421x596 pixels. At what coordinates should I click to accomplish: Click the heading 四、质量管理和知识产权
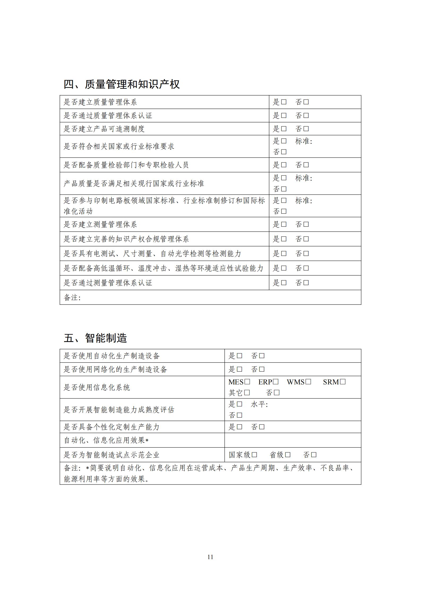click(x=122, y=84)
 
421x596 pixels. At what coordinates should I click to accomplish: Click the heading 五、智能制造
click(x=95, y=338)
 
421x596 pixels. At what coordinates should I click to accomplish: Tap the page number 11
click(x=210, y=557)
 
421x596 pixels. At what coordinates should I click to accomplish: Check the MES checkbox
click(x=247, y=382)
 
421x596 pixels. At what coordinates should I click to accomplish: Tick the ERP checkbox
click(x=276, y=382)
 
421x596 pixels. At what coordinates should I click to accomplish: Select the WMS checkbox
click(x=308, y=382)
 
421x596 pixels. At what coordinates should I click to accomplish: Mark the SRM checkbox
click(x=343, y=382)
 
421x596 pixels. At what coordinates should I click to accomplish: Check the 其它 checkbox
click(x=247, y=392)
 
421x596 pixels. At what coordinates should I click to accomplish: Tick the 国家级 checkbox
click(x=254, y=455)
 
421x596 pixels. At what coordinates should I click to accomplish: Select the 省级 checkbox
click(x=288, y=455)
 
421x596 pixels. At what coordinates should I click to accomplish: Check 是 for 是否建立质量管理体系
click(x=284, y=102)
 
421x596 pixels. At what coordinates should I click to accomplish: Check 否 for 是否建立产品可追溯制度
click(x=306, y=129)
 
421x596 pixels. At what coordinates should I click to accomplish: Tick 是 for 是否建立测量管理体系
click(x=284, y=224)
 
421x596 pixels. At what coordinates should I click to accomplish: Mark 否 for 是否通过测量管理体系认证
click(x=306, y=283)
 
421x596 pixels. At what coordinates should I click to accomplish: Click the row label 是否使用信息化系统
click(x=97, y=387)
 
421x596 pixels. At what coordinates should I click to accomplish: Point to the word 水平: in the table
click(x=259, y=404)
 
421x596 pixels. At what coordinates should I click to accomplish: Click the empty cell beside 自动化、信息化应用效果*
click(x=293, y=440)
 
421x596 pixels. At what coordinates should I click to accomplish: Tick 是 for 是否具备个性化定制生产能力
click(x=240, y=427)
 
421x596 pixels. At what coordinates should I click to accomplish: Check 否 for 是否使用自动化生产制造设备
click(x=262, y=356)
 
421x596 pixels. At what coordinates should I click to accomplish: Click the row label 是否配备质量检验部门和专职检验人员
click(x=126, y=165)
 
